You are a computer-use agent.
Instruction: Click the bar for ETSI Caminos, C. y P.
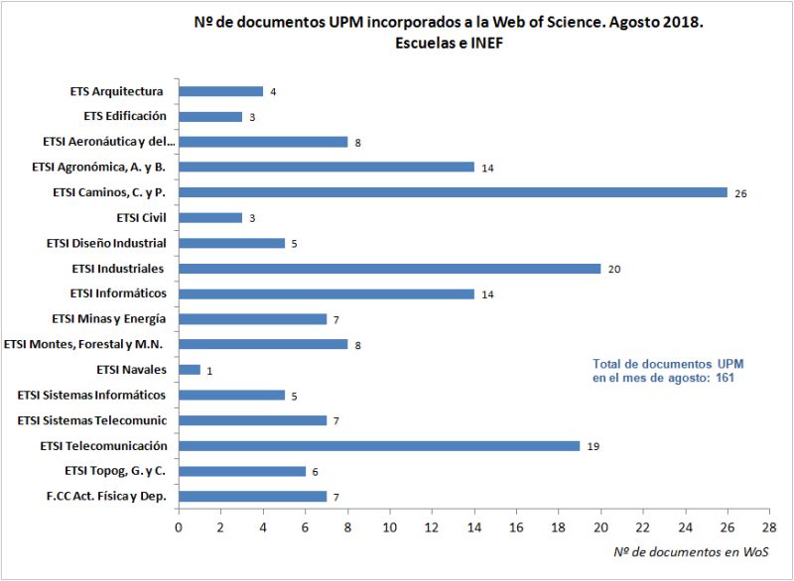[x=453, y=192]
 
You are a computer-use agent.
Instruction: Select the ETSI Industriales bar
[x=389, y=268]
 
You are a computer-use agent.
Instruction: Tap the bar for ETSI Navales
[x=189, y=370]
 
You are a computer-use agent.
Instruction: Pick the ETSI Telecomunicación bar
[x=378, y=445]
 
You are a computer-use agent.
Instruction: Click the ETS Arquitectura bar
[x=220, y=91]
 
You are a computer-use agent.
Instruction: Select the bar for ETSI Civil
[x=209, y=217]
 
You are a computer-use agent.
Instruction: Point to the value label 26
[x=740, y=193]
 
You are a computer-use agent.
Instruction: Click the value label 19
[x=593, y=446]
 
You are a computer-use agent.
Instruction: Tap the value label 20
[x=613, y=269]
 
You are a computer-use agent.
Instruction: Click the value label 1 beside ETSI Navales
[x=208, y=371]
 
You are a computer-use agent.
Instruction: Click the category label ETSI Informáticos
[x=118, y=293]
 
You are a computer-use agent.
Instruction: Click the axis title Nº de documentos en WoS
[x=691, y=551]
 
